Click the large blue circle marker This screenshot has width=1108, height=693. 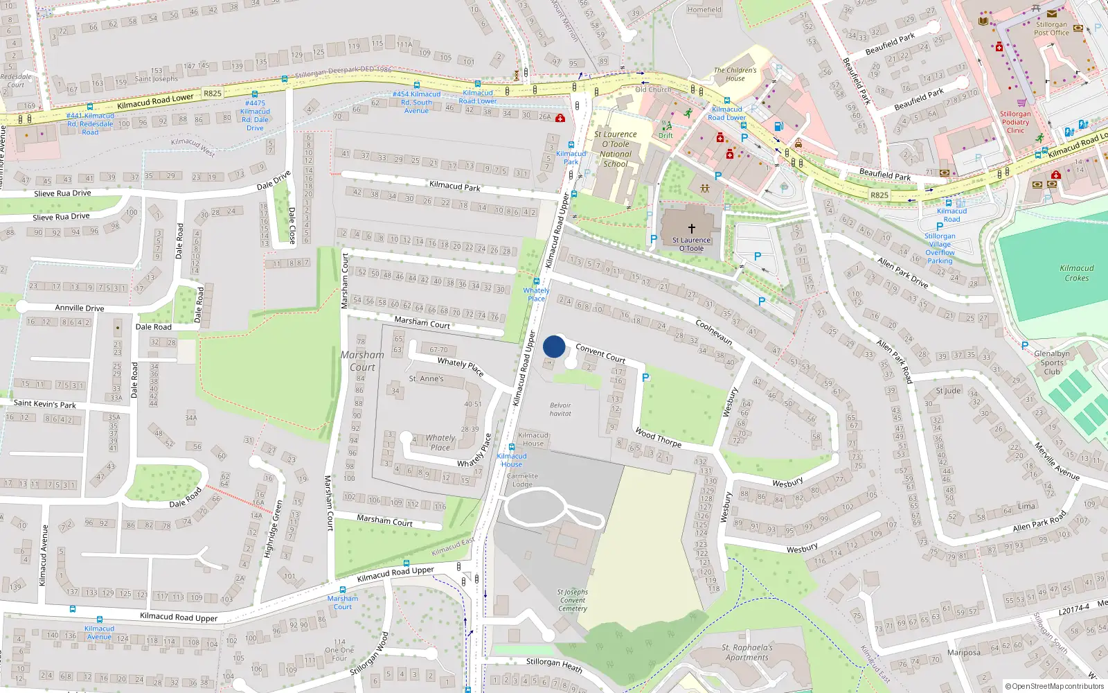(x=554, y=346)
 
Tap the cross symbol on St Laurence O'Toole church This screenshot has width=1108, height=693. (x=691, y=228)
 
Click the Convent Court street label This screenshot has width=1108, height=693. (x=600, y=353)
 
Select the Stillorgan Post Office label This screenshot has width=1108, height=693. (x=1051, y=28)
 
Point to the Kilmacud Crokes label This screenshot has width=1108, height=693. (x=1076, y=273)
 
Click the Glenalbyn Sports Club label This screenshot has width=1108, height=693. (x=1051, y=362)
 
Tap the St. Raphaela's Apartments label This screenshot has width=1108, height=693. (x=747, y=653)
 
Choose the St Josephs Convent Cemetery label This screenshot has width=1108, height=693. (x=573, y=600)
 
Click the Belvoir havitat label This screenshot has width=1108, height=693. (x=560, y=410)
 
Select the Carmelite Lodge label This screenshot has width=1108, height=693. (x=522, y=480)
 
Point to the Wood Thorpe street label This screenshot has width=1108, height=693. (x=658, y=437)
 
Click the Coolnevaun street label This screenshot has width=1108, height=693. (x=714, y=332)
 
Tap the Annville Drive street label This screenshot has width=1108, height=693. (x=80, y=308)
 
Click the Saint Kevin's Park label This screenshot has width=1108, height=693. (x=45, y=403)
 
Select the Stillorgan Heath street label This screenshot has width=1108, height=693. (x=554, y=665)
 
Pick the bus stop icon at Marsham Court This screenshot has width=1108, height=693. (x=343, y=590)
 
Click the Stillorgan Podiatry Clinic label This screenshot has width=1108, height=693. (x=1015, y=122)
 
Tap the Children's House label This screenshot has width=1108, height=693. (x=735, y=74)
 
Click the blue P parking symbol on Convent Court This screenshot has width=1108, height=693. (x=645, y=378)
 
